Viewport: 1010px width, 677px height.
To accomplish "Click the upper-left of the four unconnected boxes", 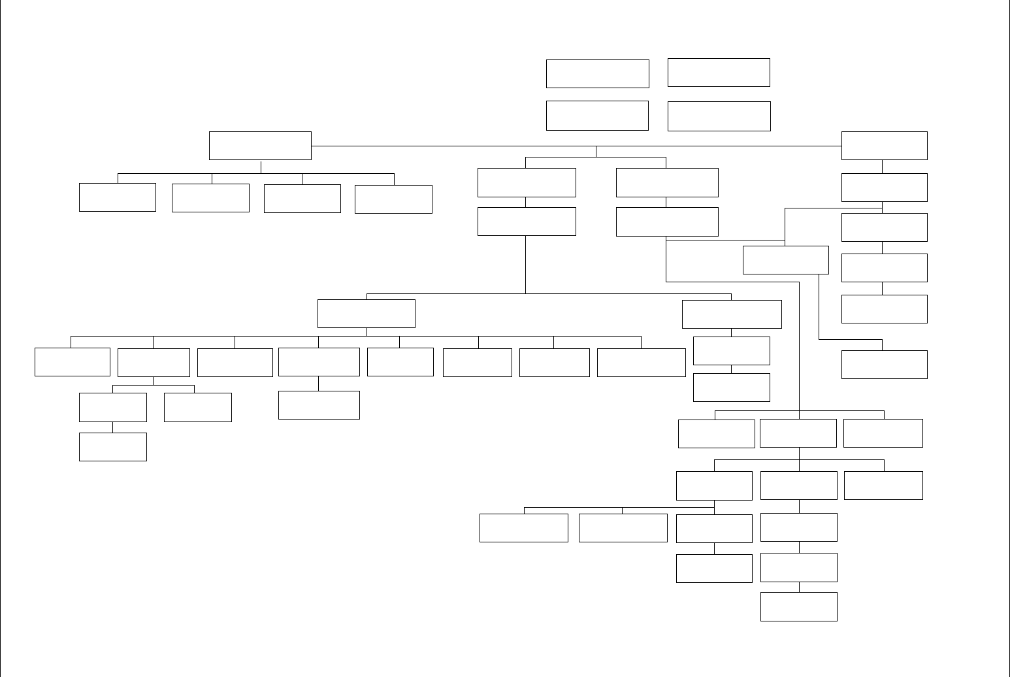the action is coord(597,74).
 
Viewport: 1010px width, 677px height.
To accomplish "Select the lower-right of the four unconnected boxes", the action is coord(719,116).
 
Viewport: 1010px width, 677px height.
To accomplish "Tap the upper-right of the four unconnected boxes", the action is coord(719,73).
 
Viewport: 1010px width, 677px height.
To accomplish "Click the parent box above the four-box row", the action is coord(260,146).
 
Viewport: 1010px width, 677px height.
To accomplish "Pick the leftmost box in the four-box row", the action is coord(118,197).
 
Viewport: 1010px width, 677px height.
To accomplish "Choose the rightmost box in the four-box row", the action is coord(393,199).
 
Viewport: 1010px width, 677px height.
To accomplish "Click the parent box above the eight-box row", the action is coord(366,314).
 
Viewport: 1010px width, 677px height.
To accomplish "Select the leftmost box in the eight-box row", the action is coord(72,362).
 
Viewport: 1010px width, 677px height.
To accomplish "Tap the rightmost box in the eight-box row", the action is coord(641,363).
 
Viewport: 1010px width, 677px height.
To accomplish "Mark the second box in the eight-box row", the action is coord(154,363).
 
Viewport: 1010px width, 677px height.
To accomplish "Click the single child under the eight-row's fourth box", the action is coord(319,405).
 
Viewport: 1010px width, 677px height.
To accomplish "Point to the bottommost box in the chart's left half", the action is coord(112,447).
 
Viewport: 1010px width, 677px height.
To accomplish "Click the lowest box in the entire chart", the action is coord(798,606).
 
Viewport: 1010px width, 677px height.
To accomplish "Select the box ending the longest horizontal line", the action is coord(884,146).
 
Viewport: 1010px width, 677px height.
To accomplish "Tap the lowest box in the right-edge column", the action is coord(884,365).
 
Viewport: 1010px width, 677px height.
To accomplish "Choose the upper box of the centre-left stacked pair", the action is coord(527,182).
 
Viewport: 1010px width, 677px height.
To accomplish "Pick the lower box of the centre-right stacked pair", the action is coord(667,222).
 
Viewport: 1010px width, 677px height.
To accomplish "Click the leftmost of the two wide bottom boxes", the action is coord(523,528).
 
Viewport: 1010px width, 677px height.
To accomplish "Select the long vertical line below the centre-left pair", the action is coord(526,265).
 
